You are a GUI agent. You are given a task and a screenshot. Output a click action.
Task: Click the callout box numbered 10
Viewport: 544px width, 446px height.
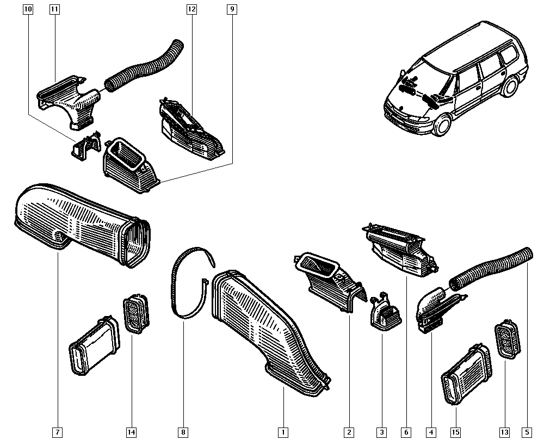(x=28, y=10)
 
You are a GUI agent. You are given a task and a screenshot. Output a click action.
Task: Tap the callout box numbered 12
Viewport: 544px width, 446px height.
(x=191, y=10)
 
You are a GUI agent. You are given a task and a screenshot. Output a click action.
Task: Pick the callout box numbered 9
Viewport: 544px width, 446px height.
(x=232, y=10)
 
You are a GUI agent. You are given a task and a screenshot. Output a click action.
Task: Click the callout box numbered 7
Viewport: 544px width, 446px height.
(x=57, y=432)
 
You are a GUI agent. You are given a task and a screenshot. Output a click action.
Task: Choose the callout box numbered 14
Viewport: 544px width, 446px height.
(x=131, y=432)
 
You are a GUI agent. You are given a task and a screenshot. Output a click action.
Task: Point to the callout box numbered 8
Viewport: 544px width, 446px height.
(x=183, y=432)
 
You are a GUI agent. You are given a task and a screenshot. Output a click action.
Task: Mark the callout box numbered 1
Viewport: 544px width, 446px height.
(x=283, y=432)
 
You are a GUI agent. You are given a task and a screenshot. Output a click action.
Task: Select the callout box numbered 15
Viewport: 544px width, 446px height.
(x=456, y=432)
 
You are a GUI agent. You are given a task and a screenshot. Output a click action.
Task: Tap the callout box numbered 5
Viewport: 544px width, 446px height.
(x=526, y=432)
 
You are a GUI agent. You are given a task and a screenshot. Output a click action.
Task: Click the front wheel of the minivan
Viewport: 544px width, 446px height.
(x=442, y=125)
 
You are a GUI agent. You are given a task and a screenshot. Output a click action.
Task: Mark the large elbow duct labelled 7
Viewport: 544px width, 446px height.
(x=76, y=223)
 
